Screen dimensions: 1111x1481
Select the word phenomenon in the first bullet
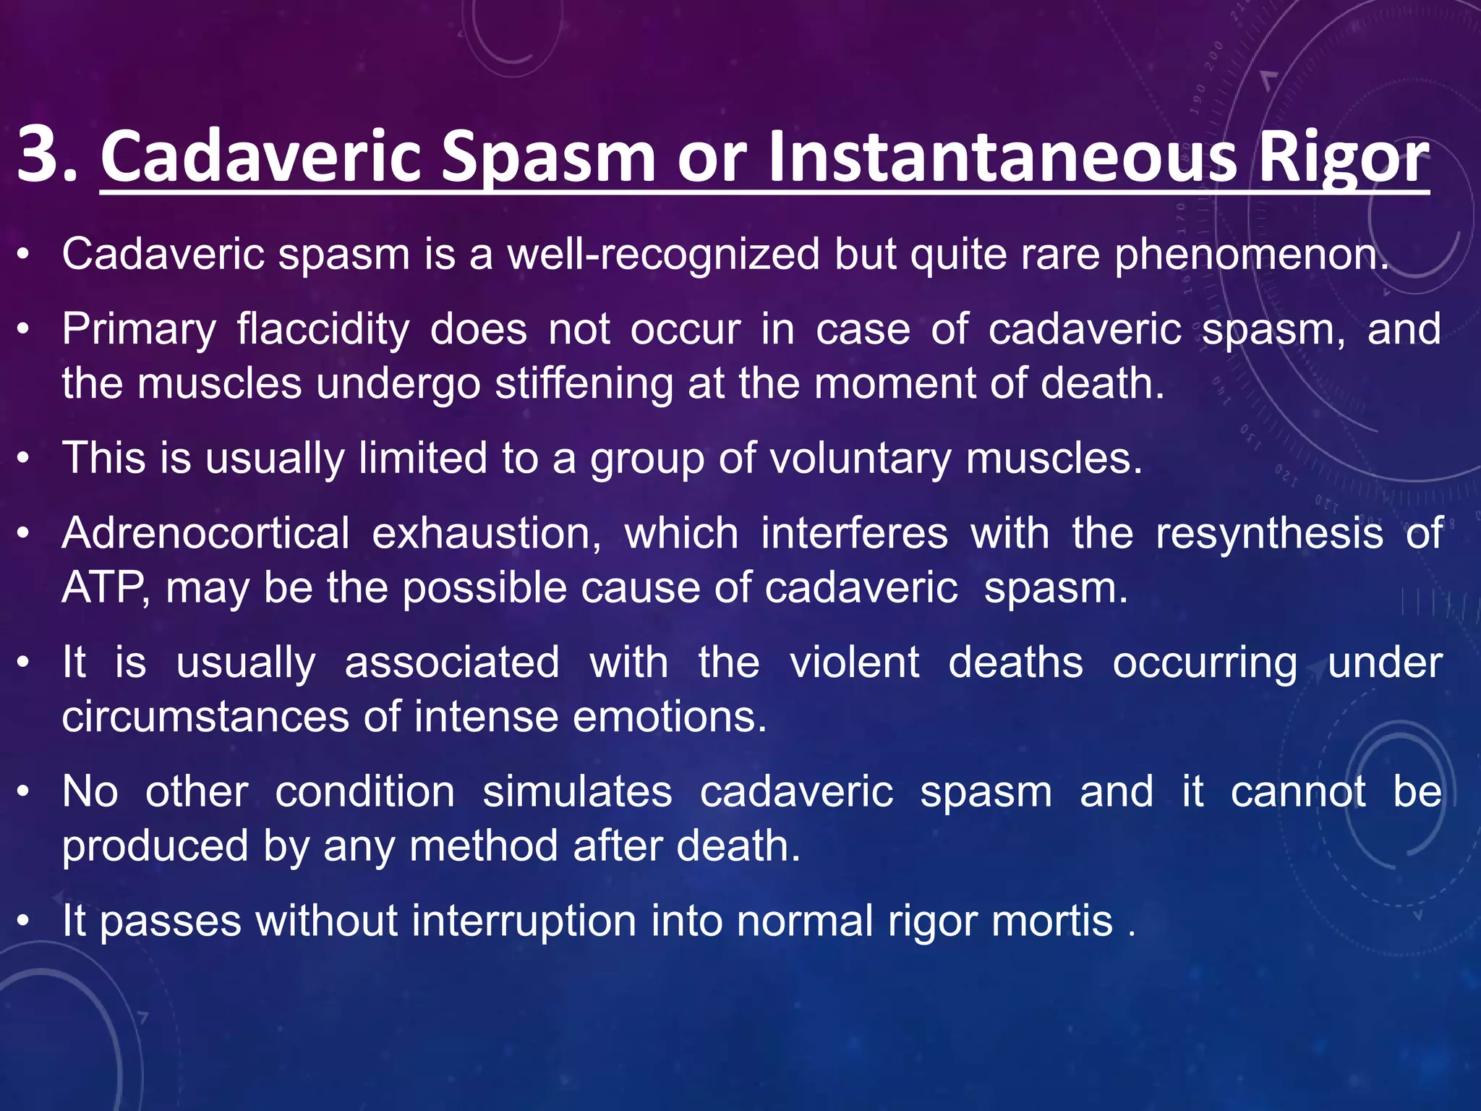coord(1251,255)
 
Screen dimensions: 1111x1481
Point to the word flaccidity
coord(323,330)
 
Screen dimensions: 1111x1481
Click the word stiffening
coord(584,383)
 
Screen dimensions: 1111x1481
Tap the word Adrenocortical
coord(206,534)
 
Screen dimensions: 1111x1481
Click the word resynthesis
coord(1269,534)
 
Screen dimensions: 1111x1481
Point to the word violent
coord(854,663)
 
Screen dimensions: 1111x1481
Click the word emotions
coord(669,717)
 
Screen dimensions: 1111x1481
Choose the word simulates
coord(577,792)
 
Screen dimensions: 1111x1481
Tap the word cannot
coord(1298,792)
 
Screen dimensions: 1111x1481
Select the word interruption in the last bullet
coord(524,921)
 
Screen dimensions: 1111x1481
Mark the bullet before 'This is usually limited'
coord(25,459)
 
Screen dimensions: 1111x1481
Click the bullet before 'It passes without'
coord(25,921)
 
